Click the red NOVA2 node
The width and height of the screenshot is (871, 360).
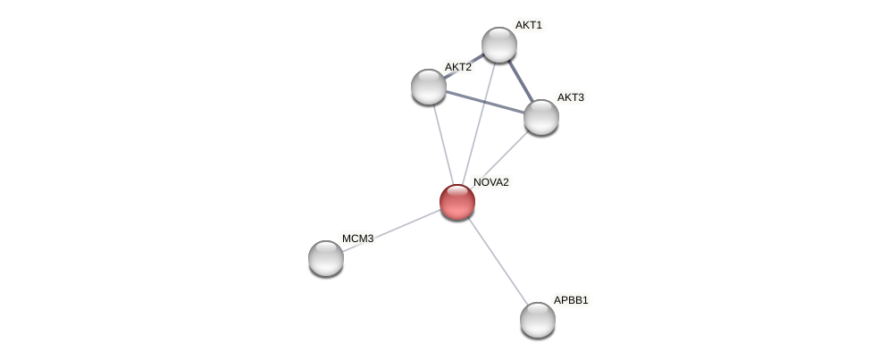click(456, 202)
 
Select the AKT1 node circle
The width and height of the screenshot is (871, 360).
click(498, 45)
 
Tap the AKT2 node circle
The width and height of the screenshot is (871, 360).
click(429, 86)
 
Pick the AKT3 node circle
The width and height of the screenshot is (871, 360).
click(540, 117)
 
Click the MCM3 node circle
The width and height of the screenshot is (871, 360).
click(326, 258)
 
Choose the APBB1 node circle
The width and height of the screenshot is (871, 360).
click(537, 319)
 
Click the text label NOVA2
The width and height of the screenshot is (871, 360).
click(490, 182)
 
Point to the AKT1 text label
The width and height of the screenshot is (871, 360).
click(528, 25)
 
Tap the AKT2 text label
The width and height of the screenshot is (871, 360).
click(457, 67)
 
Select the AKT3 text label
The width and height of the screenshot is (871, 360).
click(570, 97)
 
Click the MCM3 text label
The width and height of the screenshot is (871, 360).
click(357, 239)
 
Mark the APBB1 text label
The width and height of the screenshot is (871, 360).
click(571, 300)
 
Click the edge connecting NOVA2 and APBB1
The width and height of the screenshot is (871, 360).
click(497, 260)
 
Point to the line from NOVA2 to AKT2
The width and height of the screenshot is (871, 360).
click(442, 143)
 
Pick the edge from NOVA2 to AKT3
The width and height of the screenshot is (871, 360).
click(506, 152)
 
